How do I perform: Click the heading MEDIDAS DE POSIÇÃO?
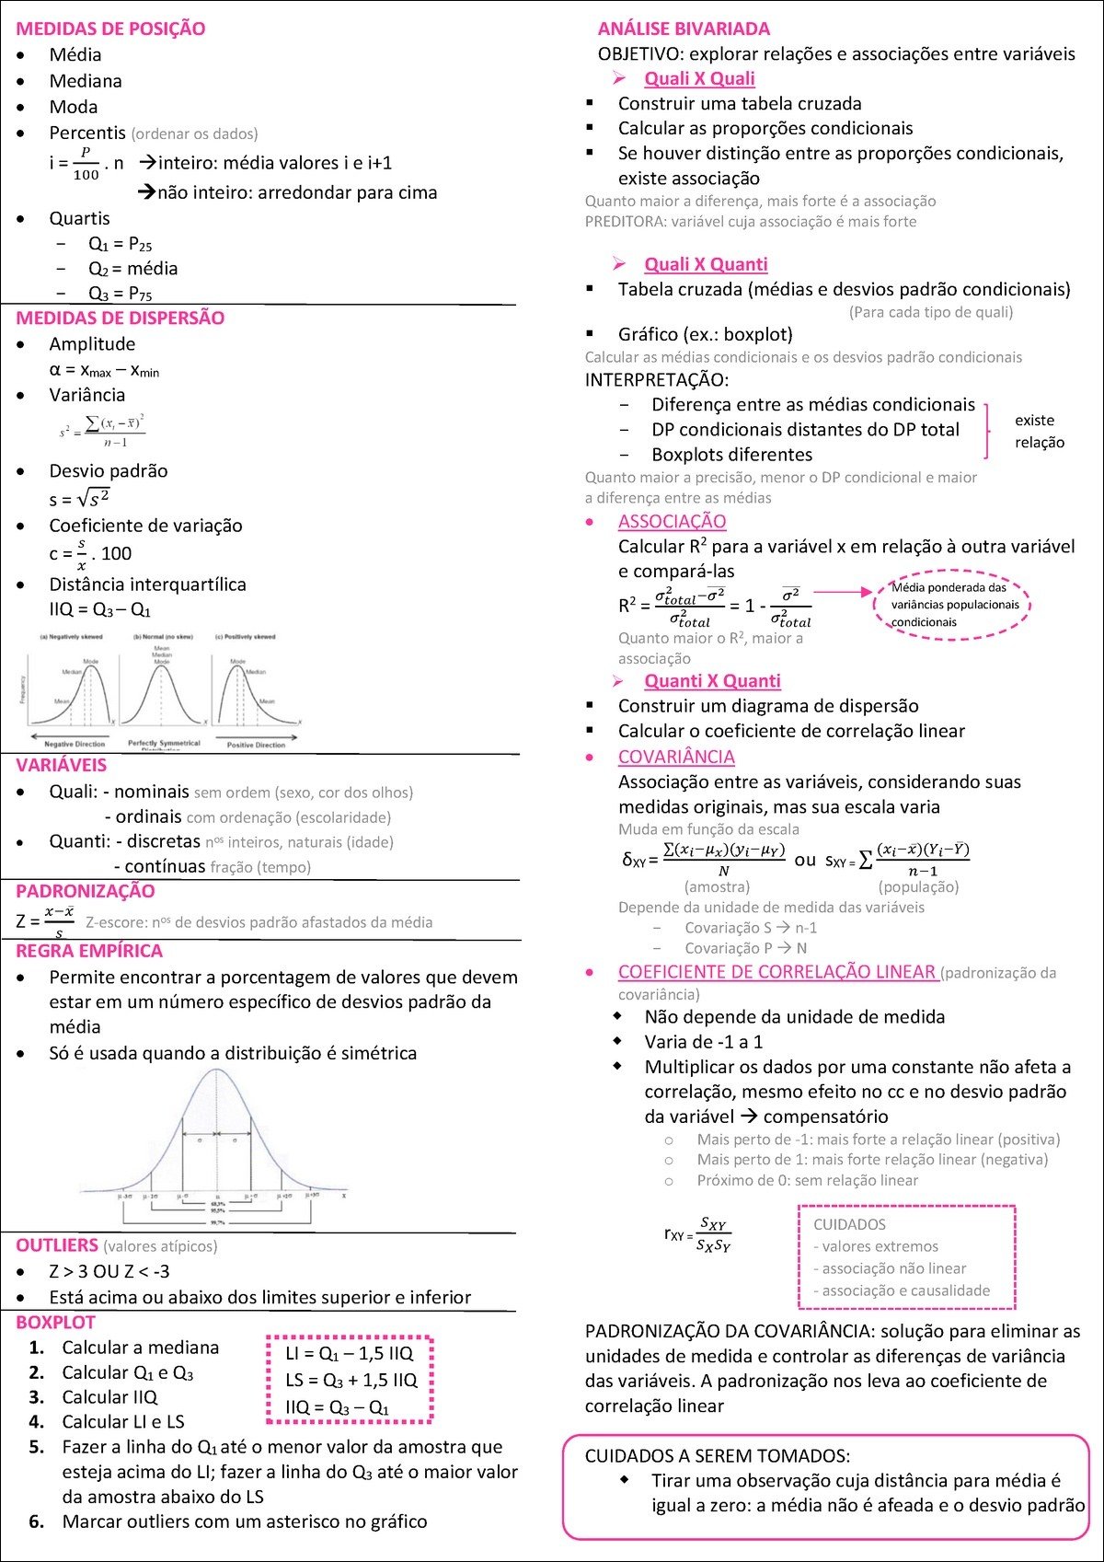[110, 29]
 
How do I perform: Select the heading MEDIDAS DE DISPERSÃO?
[120, 318]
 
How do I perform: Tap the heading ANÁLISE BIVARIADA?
[684, 29]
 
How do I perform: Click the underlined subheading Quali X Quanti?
[706, 264]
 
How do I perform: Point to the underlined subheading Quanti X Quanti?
[712, 681]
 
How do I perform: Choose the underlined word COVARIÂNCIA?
[676, 757]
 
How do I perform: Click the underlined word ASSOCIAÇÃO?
[672, 522]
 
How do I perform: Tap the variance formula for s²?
[102, 430]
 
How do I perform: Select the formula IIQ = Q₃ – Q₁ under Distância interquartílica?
[100, 610]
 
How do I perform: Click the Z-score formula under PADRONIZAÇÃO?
[45, 920]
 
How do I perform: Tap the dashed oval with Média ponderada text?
[951, 605]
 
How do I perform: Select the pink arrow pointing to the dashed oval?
[842, 593]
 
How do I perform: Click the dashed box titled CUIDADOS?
[906, 1257]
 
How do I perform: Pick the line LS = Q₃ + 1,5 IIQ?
[351, 1380]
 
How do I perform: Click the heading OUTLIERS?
[57, 1245]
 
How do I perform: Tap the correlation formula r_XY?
[697, 1234]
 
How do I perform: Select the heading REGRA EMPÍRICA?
[89, 951]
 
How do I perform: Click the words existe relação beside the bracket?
[1039, 431]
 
